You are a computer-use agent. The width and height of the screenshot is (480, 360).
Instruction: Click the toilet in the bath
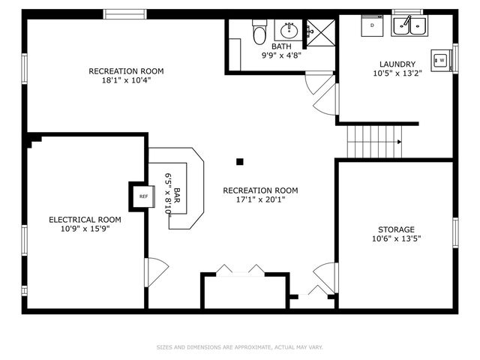[259, 32]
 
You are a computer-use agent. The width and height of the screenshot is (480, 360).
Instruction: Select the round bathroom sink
[289, 30]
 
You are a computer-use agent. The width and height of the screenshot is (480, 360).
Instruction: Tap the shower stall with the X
[321, 33]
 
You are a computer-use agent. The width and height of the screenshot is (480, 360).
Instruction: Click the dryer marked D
[372, 25]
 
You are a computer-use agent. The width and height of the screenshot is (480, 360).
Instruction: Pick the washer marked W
[441, 60]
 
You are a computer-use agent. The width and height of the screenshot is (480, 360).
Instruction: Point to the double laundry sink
[409, 25]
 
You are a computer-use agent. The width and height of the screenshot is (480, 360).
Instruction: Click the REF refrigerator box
[143, 196]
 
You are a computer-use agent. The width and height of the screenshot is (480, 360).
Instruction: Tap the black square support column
[240, 162]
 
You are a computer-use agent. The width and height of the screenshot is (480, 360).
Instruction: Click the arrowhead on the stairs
[400, 142]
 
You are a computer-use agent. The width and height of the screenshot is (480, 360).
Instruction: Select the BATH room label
[281, 46]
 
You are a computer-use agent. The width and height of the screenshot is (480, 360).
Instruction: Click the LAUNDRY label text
[397, 64]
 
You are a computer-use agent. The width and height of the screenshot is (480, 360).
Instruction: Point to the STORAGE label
[396, 229]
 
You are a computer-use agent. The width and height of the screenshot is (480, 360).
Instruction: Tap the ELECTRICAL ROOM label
[85, 220]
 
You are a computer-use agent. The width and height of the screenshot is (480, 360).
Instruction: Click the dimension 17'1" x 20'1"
[260, 199]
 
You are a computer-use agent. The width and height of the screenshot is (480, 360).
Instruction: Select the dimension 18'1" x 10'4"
[126, 80]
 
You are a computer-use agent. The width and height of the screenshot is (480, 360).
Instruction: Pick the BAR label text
[177, 195]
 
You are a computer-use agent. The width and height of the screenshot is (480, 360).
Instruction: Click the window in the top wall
[124, 14]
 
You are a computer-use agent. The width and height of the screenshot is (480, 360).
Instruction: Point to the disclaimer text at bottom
[240, 347]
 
